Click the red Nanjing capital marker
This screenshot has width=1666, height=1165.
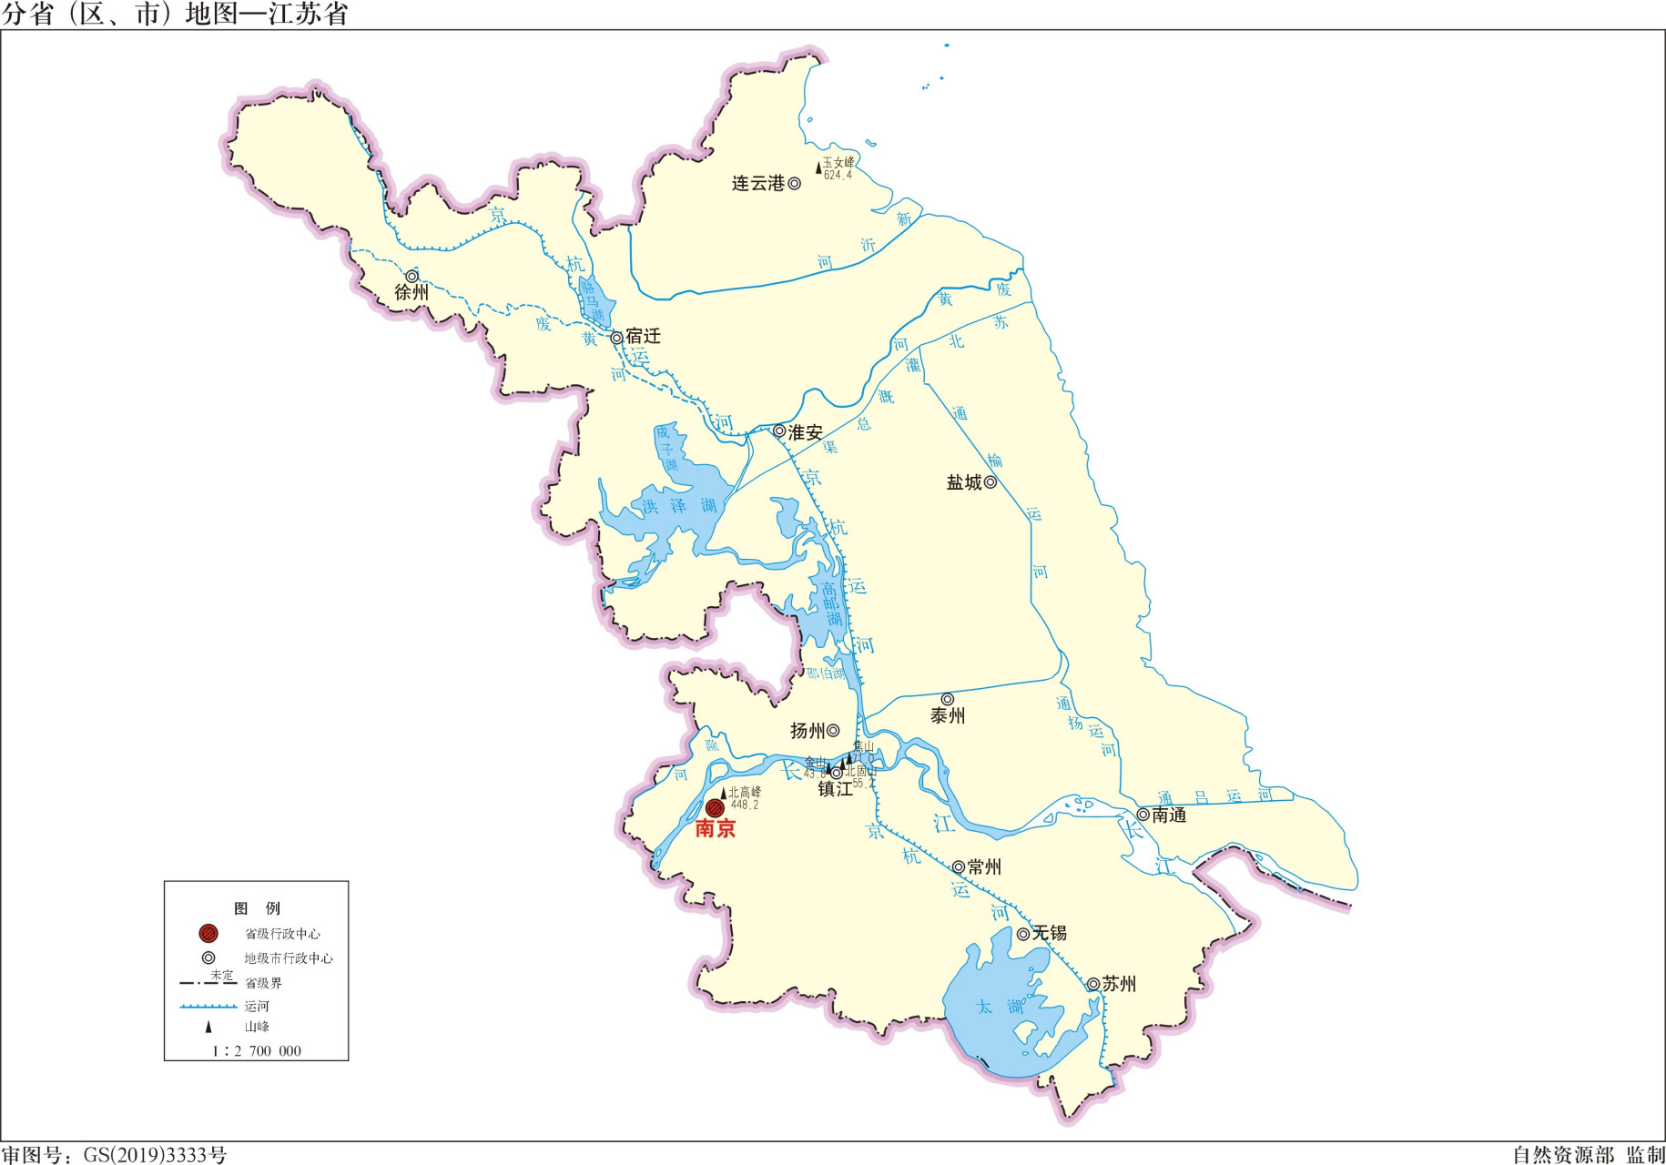pyautogui.click(x=715, y=807)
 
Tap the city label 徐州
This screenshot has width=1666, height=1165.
pyautogui.click(x=411, y=292)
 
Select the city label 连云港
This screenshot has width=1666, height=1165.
pyautogui.click(x=757, y=184)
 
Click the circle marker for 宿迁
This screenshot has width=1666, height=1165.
pyautogui.click(x=616, y=338)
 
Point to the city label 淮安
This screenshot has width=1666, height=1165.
pyautogui.click(x=805, y=432)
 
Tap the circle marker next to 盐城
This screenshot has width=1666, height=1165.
pyautogui.click(x=990, y=482)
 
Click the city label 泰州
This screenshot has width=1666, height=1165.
pyautogui.click(x=947, y=716)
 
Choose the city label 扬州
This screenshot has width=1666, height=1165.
pyautogui.click(x=807, y=731)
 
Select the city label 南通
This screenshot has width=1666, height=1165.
pyautogui.click(x=1169, y=815)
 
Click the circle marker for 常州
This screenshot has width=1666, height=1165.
pyautogui.click(x=958, y=867)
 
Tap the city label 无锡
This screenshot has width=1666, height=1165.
pyautogui.click(x=1049, y=934)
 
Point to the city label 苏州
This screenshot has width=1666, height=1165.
pyautogui.click(x=1119, y=984)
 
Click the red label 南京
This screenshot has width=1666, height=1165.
pyautogui.click(x=715, y=829)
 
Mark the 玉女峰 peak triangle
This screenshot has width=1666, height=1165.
pyautogui.click(x=818, y=167)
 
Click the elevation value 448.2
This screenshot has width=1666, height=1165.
pyautogui.click(x=745, y=805)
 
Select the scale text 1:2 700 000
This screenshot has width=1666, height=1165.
pyautogui.click(x=256, y=1050)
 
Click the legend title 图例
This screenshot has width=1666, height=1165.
pyautogui.click(x=257, y=908)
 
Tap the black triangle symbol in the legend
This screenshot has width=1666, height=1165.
pyautogui.click(x=208, y=1027)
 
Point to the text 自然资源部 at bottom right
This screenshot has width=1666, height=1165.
pyautogui.click(x=1563, y=1155)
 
